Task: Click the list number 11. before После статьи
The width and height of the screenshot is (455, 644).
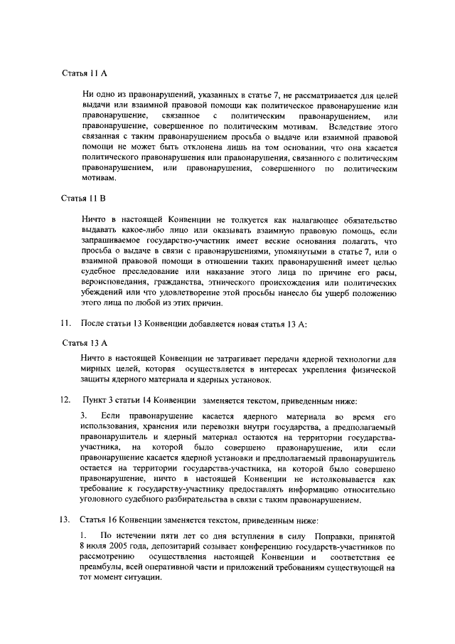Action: [x=63, y=324]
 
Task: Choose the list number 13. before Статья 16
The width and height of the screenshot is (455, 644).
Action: [x=63, y=521]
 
